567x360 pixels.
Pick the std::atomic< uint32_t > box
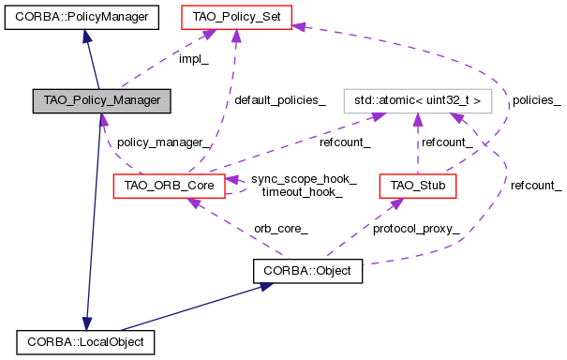click(418, 98)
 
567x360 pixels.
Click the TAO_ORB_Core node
click(168, 186)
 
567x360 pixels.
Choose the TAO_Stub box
click(417, 186)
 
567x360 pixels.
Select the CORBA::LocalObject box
click(84, 342)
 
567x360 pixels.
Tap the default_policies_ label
click(279, 100)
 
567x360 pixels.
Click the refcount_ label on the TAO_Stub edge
click(447, 142)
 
